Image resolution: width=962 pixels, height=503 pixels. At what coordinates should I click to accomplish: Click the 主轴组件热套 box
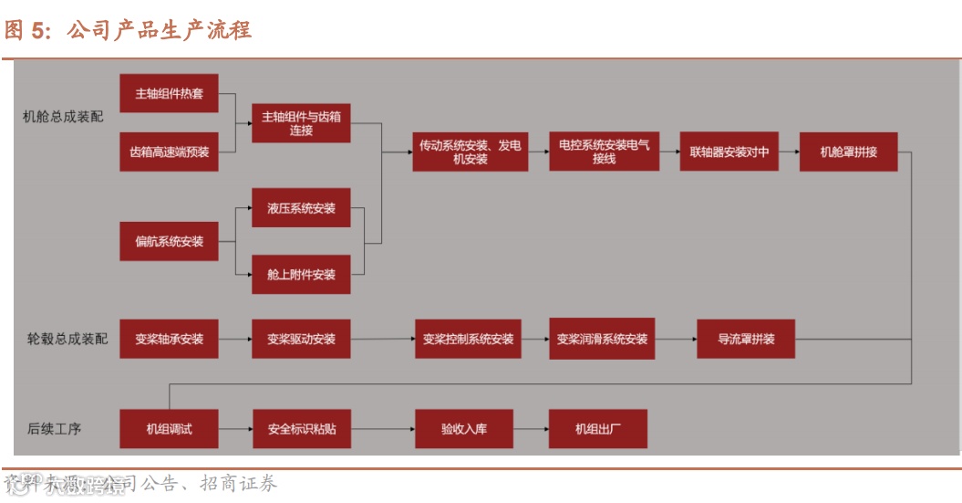tap(169, 93)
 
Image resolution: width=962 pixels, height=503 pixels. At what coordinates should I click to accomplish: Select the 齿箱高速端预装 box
tap(169, 152)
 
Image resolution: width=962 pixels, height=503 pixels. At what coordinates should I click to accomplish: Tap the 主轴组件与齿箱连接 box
tap(301, 123)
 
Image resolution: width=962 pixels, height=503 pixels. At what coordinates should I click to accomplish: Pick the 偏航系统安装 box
tap(169, 242)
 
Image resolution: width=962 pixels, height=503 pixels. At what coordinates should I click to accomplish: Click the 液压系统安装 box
tap(301, 208)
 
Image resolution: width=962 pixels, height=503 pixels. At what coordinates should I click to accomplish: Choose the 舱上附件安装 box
tap(301, 274)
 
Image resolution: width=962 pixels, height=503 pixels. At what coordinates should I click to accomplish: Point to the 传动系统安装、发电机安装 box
tap(470, 152)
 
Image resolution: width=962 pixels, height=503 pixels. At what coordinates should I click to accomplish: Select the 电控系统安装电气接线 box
tap(603, 152)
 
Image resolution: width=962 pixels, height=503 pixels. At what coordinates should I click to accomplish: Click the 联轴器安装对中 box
tap(729, 152)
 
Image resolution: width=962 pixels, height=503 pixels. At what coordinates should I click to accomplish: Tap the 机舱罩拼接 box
tap(848, 152)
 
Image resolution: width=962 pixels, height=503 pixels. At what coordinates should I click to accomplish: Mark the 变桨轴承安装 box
tap(169, 339)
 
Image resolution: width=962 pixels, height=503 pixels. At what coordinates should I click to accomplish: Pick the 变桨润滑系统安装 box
tap(602, 339)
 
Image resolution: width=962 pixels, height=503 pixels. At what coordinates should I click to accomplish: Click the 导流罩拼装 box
tap(746, 339)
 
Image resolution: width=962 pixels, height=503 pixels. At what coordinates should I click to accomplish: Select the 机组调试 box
tap(169, 428)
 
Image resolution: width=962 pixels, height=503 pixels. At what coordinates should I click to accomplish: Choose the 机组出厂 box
tap(597, 428)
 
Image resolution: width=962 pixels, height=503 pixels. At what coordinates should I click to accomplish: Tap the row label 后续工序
tap(54, 428)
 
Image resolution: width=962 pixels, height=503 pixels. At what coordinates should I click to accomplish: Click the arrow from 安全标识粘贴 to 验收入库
tap(383, 428)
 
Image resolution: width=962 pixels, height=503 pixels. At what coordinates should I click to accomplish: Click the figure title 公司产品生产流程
tap(160, 30)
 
